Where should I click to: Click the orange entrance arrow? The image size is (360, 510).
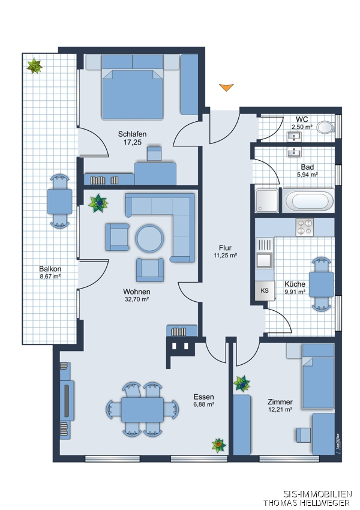coord(226,87)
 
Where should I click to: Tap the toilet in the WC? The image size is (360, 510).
coord(326,127)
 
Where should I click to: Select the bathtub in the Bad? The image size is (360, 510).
coord(308,201)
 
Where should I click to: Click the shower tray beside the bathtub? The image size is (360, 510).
coord(266,200)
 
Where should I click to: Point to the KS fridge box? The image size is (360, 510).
coord(265,290)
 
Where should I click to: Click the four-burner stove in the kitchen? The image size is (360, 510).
coord(305,227)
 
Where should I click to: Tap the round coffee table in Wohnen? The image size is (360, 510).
coord(149,238)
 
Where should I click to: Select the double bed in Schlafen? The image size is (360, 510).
coord(133,87)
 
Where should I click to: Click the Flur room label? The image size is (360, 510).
coord(225,248)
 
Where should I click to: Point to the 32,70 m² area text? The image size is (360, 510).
coord(137,299)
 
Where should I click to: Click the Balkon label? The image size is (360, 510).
coord(50,269)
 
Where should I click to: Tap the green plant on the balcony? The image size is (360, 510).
coord(34,66)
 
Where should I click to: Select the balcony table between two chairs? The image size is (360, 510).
coord(60,202)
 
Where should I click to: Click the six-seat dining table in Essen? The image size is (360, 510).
coord(142,409)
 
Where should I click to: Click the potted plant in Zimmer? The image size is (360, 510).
coord(242,383)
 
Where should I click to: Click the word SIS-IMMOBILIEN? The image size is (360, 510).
coord(318,494)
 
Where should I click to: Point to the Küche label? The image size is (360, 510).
coord(295,284)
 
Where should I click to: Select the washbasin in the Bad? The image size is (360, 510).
coord(295,152)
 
